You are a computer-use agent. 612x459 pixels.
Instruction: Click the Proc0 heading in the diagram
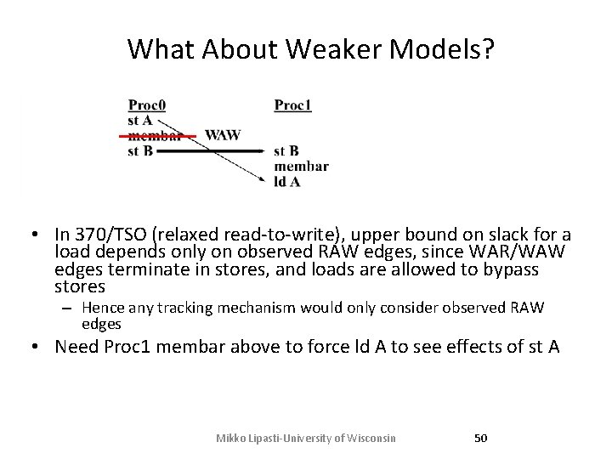coord(146,105)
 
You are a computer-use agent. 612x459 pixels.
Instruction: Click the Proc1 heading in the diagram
coord(292,105)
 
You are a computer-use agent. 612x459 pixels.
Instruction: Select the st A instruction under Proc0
coord(139,121)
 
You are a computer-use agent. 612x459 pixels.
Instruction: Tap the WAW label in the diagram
coord(223,135)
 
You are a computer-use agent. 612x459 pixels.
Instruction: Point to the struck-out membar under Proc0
coord(155,136)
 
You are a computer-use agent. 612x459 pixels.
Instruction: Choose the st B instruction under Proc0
coord(139,151)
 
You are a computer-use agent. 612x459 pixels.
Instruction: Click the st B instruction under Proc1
coord(286,151)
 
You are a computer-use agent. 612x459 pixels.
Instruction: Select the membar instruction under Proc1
coord(301,167)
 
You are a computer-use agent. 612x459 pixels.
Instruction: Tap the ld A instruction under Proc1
coord(286,181)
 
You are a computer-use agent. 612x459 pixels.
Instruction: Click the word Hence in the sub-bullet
coord(102,308)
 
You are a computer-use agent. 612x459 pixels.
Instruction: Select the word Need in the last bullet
coord(76,347)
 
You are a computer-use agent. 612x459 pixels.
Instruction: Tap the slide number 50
coord(480,438)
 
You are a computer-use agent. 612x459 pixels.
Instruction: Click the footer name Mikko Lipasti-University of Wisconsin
coord(305,438)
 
